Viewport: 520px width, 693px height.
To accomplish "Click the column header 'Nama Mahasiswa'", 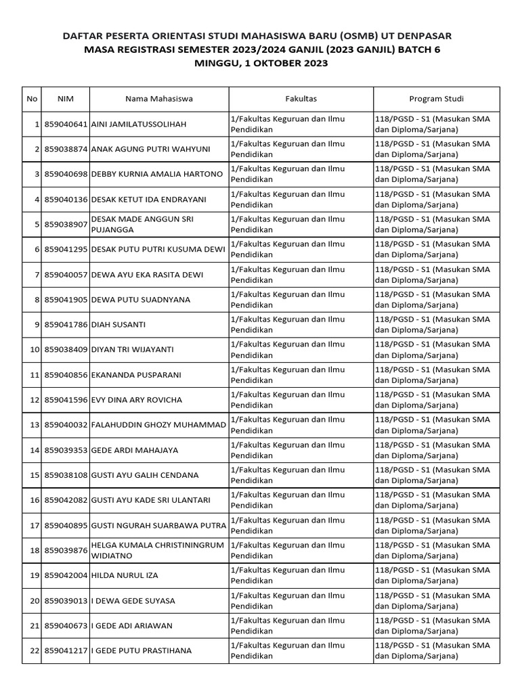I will click(158, 99).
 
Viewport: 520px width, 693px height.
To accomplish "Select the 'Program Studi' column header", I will click(436, 99).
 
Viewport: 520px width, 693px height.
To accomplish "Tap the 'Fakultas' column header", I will click(301, 99).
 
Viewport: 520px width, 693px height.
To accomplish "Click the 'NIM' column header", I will click(66, 99).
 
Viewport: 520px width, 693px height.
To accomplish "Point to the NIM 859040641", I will click(66, 125).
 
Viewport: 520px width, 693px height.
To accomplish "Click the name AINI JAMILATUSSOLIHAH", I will click(138, 125).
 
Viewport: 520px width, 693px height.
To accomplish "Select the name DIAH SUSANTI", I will click(118, 325).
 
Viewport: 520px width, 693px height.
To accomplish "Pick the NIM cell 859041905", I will click(66, 300).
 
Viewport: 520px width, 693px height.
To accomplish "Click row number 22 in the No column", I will click(33, 651).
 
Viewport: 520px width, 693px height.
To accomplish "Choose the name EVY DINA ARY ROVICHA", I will click(136, 400).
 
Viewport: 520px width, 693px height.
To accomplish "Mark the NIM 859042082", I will click(66, 500).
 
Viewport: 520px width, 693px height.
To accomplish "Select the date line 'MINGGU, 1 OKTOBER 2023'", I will click(261, 64).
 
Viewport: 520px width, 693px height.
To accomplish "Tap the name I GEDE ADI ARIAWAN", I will click(131, 626).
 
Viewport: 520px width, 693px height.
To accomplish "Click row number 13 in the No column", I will click(33, 425).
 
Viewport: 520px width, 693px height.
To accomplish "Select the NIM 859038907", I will click(66, 225).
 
